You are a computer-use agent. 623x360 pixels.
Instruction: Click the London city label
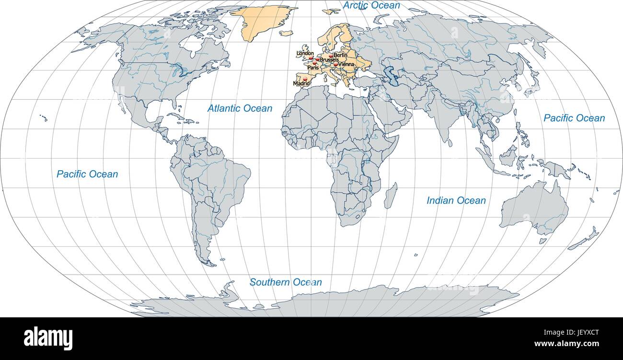click(305, 53)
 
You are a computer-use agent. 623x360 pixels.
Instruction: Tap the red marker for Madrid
click(305, 78)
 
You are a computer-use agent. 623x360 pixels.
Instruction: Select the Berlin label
click(340, 56)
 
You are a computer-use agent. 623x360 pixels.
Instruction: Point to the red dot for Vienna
click(336, 64)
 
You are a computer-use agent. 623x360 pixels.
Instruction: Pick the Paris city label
click(313, 68)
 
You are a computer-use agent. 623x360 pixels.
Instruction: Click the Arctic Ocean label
click(371, 5)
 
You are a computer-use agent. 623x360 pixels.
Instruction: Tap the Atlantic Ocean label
click(240, 108)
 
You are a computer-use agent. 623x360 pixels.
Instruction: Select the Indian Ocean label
click(456, 200)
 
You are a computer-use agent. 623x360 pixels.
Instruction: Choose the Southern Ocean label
click(286, 282)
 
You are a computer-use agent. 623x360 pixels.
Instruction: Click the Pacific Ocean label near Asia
click(574, 118)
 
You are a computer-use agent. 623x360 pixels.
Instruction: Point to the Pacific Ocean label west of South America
click(87, 174)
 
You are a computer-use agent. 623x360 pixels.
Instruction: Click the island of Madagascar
click(391, 195)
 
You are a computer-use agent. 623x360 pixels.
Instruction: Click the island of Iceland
click(286, 34)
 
